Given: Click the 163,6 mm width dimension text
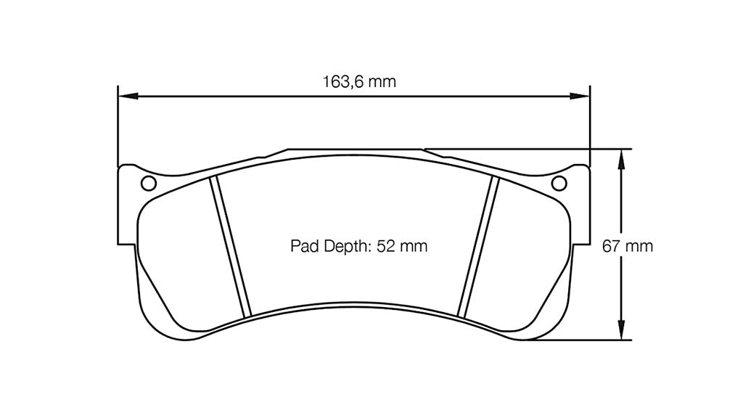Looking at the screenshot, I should pyautogui.click(x=359, y=81).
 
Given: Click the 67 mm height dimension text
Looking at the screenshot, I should pyautogui.click(x=628, y=246).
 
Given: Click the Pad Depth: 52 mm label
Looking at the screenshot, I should pyautogui.click(x=358, y=246).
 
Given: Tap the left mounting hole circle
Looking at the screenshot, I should pyautogui.click(x=148, y=183).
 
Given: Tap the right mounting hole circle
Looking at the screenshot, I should pyautogui.click(x=559, y=183).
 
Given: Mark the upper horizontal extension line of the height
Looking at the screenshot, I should pyautogui.click(x=551, y=149).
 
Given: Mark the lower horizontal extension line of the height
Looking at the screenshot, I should pyautogui.click(x=580, y=340).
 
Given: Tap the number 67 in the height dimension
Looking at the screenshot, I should pyautogui.click(x=612, y=246).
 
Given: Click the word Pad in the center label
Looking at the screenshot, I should pyautogui.click(x=302, y=246).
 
